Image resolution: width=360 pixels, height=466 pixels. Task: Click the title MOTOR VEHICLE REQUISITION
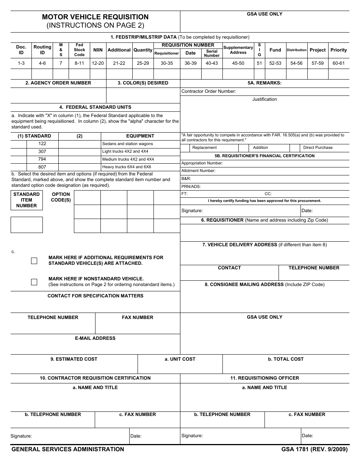tap(95, 17)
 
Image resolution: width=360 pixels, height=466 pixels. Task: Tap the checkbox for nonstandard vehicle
tap(34, 282)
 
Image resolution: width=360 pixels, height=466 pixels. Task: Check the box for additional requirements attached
tap(34, 261)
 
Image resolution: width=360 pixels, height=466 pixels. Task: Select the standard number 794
tap(42, 159)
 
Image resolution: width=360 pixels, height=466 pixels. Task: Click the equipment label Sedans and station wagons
tap(127, 144)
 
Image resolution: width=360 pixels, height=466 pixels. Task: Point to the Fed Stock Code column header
tap(79, 50)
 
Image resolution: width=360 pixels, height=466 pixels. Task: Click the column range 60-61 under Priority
tap(338, 63)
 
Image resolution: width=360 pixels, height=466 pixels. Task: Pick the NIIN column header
tap(98, 50)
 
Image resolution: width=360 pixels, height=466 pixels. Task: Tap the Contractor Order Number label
tap(208, 91)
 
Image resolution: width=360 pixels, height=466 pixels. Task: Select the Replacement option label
tap(204, 148)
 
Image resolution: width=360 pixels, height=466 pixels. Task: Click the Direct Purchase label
tap(318, 148)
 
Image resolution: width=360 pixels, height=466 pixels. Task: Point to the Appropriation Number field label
tap(202, 163)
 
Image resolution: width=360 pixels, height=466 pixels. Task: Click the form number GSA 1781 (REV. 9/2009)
tap(314, 449)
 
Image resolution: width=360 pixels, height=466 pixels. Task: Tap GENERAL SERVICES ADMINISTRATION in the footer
tap(68, 449)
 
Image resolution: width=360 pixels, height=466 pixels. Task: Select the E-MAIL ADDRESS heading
tap(95, 338)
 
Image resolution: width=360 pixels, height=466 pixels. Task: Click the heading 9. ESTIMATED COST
tap(74, 359)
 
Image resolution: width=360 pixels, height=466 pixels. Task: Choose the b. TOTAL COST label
tap(286, 359)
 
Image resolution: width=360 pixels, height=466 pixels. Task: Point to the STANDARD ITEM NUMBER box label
tap(27, 200)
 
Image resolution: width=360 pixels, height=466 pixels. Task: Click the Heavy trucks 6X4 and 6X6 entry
tap(127, 167)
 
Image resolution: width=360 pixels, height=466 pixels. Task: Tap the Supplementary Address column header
tap(238, 50)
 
